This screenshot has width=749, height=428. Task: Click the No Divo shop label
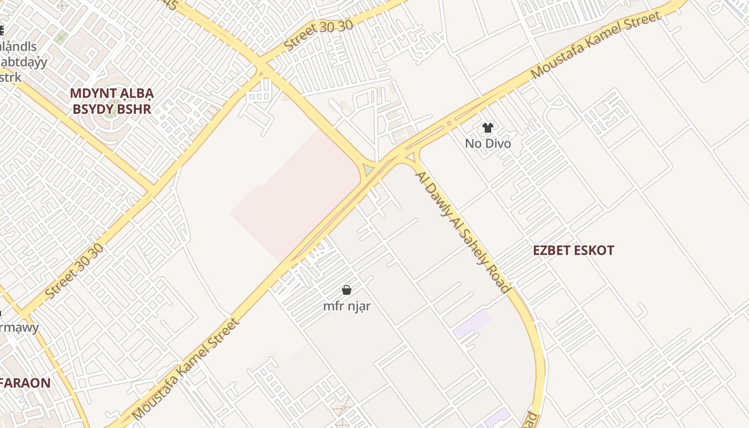[487, 143]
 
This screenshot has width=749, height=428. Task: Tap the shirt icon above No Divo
[487, 128]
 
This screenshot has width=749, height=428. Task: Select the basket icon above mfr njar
[347, 290]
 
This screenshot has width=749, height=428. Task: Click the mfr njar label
[347, 306]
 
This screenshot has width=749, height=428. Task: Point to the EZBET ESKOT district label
[573, 250]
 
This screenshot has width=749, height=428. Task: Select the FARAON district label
[25, 383]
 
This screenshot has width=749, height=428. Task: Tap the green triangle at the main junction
[368, 170]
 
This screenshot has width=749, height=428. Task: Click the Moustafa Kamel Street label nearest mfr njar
[185, 369]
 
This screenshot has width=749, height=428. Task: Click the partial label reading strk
[11, 78]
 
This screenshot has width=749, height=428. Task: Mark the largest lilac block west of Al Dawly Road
[472, 324]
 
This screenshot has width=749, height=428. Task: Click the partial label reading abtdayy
[24, 62]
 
